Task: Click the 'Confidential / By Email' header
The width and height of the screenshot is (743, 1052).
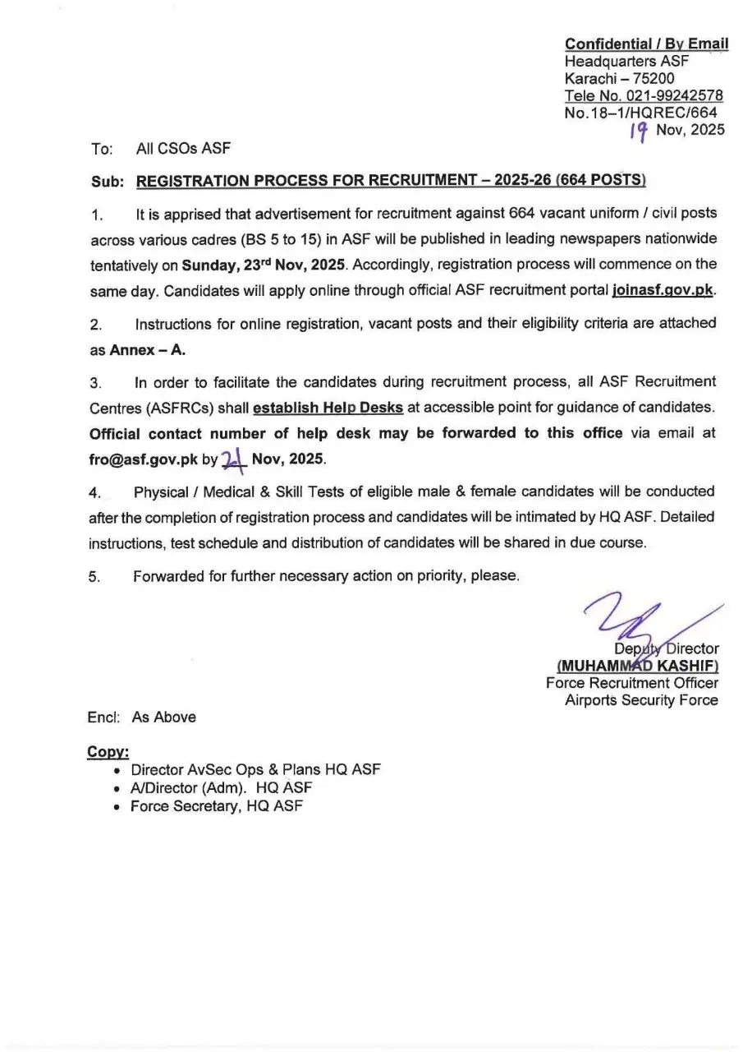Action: click(645, 44)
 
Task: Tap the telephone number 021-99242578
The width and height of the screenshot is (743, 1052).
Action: click(672, 95)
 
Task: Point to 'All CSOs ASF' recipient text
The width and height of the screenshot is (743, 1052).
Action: click(183, 149)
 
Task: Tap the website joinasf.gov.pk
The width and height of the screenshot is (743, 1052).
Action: click(663, 290)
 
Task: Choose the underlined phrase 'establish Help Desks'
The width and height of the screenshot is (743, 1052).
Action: click(328, 408)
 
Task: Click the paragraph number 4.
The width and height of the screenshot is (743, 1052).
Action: click(94, 493)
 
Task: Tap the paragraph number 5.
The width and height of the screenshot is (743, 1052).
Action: click(94, 577)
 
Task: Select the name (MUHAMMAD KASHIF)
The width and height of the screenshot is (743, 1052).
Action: click(637, 666)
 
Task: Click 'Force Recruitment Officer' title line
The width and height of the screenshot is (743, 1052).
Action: click(631, 683)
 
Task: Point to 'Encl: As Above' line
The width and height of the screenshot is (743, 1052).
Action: click(142, 717)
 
